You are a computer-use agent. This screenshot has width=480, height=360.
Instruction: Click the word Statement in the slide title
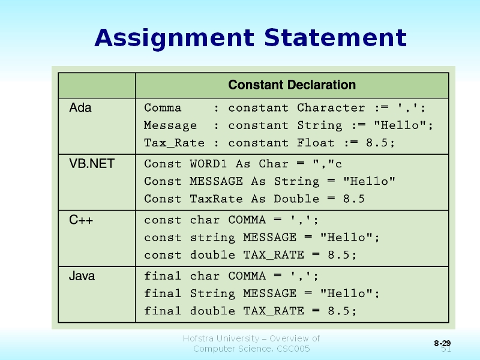click(x=335, y=38)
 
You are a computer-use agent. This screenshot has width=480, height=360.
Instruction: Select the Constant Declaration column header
click(x=292, y=85)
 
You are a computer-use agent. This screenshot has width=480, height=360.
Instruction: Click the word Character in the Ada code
click(x=331, y=108)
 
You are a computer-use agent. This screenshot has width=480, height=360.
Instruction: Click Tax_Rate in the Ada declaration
click(x=174, y=143)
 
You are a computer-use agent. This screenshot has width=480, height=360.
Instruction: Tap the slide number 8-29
click(x=442, y=343)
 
